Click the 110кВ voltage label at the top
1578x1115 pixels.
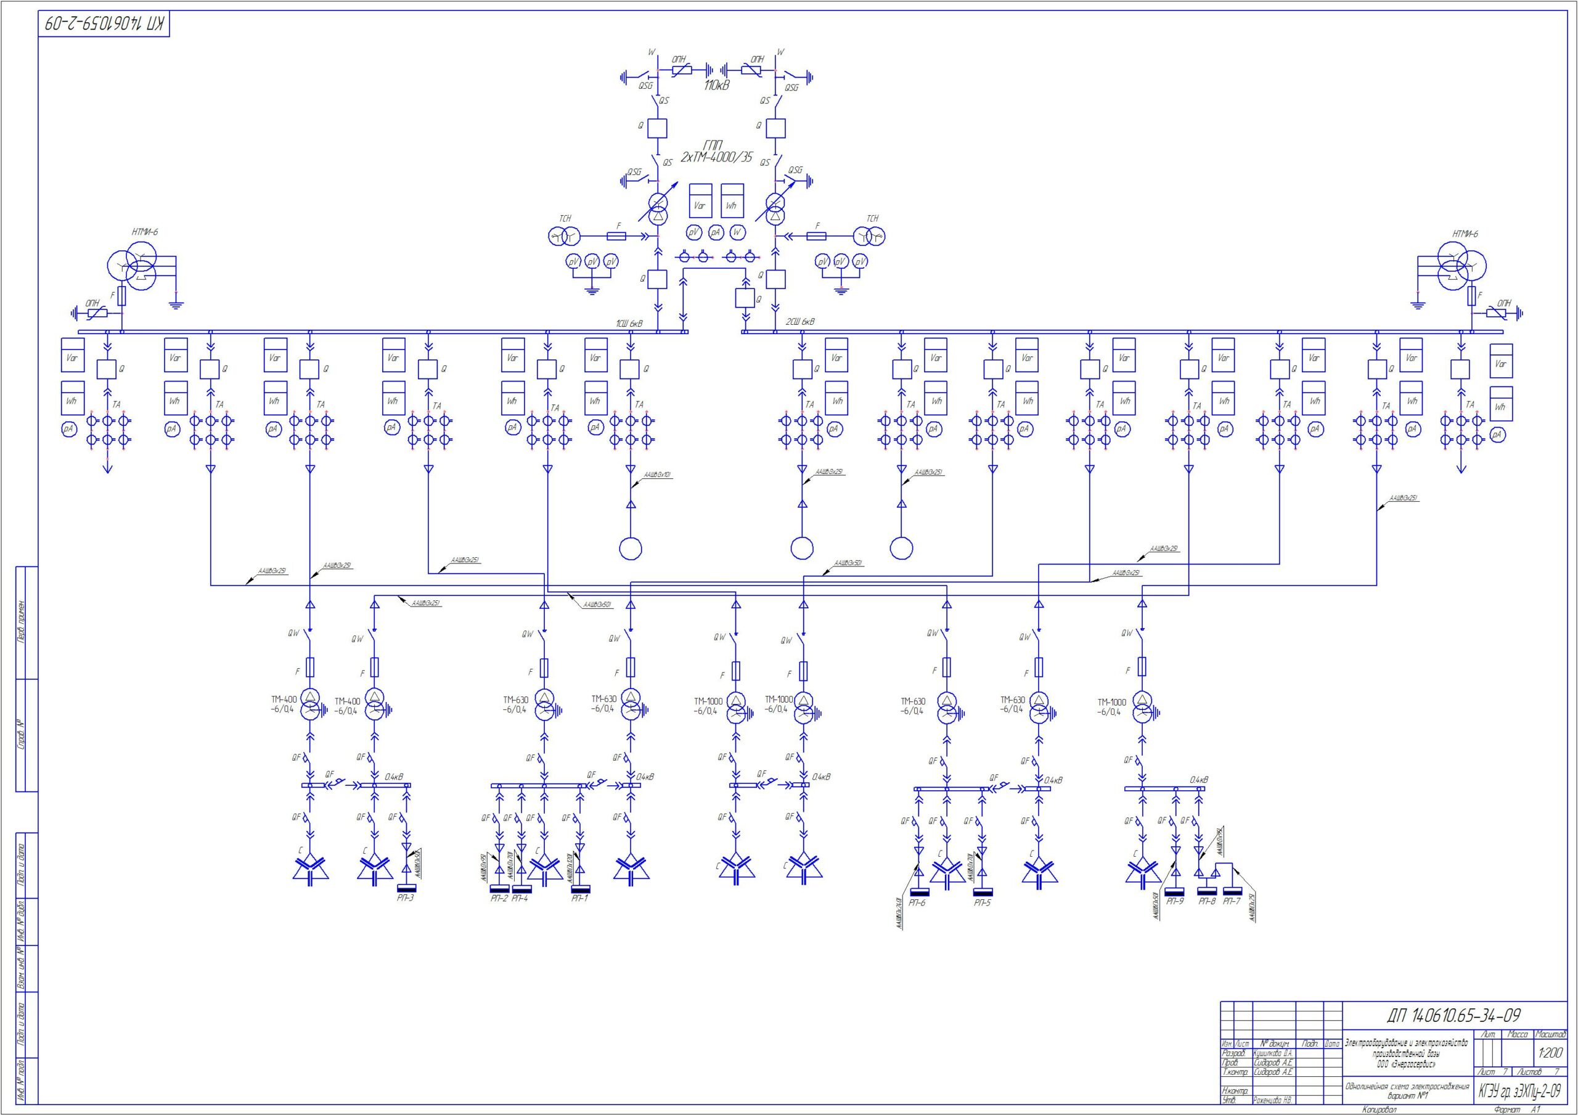[x=716, y=86]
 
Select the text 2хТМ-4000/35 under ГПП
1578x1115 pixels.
[x=716, y=157]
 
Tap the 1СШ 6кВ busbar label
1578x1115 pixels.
[x=628, y=323]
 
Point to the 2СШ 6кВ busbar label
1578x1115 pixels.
[x=801, y=322]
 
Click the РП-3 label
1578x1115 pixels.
[x=406, y=898]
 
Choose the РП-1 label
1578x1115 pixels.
[x=580, y=899]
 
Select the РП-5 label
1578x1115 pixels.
[x=983, y=902]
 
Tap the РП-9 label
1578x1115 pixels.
[x=1175, y=901]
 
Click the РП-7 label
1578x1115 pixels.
[x=1232, y=901]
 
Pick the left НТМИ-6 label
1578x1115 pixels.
[x=145, y=232]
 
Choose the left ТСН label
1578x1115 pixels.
[x=564, y=219]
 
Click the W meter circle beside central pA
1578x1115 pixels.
[x=737, y=233]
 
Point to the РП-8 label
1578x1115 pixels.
[x=1207, y=901]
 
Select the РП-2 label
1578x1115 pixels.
[x=499, y=899]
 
